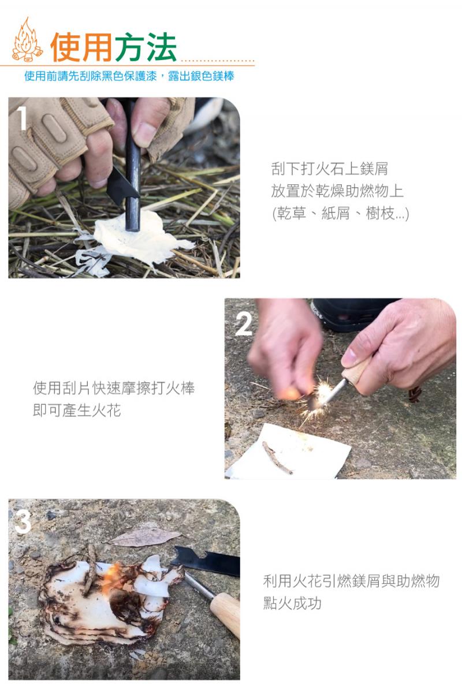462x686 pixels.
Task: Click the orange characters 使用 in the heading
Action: point(81,47)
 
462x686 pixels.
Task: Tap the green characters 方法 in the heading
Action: point(146,47)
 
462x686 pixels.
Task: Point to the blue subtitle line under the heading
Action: point(129,76)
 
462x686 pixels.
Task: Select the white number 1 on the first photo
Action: point(22,119)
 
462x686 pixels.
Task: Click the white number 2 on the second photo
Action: point(244,324)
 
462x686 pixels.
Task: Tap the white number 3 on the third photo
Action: point(23,522)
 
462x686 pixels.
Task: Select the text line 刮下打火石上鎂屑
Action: point(329,169)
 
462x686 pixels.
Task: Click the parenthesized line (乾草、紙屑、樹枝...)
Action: point(340,214)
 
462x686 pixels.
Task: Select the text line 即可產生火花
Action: point(77,411)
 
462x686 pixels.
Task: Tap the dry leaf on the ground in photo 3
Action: point(144,536)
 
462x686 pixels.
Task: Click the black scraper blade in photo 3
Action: point(206,560)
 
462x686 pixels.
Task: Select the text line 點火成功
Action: point(292,603)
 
